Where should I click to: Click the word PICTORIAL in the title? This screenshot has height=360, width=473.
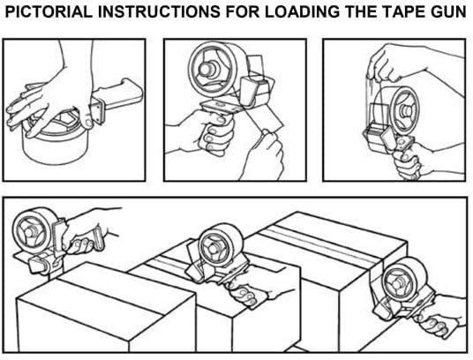click(49, 11)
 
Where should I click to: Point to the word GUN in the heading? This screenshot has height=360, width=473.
click(447, 11)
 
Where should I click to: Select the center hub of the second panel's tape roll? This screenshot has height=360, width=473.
click(207, 69)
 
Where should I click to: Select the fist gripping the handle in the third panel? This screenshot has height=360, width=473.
click(407, 161)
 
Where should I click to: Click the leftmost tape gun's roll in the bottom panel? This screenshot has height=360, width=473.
click(33, 230)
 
